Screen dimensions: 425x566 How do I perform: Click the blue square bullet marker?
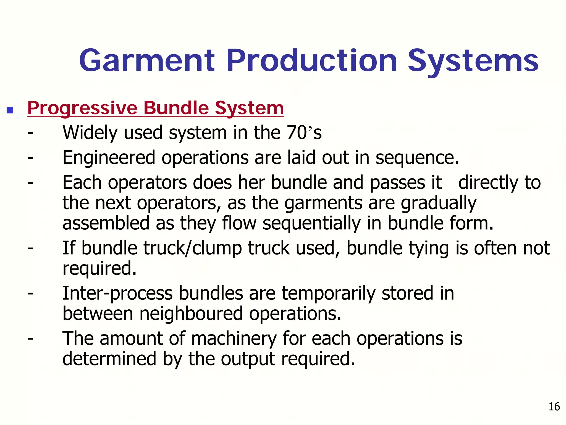click(10, 110)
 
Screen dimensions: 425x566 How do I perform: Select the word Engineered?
click(109, 158)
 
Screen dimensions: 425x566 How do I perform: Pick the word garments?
click(323, 203)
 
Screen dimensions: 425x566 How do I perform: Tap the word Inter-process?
click(117, 294)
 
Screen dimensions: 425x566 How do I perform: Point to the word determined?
click(109, 359)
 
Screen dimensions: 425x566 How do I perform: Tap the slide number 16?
click(554, 407)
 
